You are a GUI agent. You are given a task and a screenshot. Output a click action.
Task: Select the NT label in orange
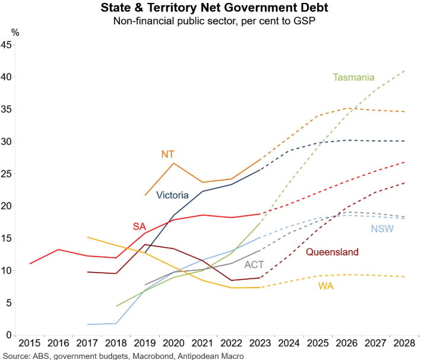[x=168, y=154]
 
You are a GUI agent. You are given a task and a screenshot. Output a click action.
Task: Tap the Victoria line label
[x=172, y=195]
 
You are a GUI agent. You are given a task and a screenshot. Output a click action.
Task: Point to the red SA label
[x=140, y=226]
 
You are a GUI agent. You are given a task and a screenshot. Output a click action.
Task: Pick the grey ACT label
[x=254, y=265]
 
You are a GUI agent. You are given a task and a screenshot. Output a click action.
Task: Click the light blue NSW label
[x=382, y=229]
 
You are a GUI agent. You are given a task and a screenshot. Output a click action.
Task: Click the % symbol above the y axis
[x=15, y=33]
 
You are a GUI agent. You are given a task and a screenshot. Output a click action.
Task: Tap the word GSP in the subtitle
[x=303, y=21]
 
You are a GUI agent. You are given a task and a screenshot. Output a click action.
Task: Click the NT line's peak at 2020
[x=173, y=163]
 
